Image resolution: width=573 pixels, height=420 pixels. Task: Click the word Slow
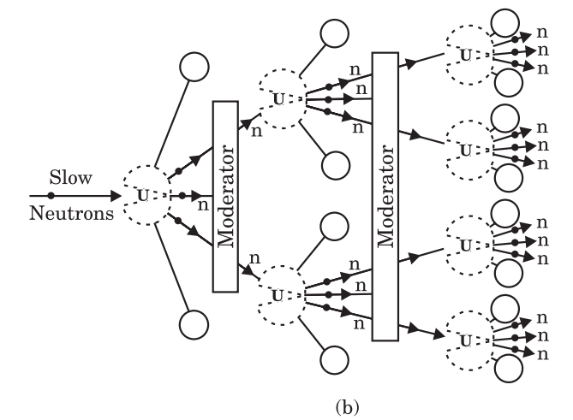coord(70,177)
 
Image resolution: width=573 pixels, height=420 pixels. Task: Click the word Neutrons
coord(72,213)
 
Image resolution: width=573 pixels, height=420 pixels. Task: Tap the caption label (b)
coord(347,406)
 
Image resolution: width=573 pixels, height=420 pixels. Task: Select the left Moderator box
coord(225,197)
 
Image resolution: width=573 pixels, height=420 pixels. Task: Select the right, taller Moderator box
coord(385,197)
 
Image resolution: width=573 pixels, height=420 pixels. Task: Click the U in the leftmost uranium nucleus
coord(143,196)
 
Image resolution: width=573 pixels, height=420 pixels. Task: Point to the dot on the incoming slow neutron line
coord(51,196)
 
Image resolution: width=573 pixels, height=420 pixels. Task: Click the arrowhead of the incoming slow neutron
coord(116,196)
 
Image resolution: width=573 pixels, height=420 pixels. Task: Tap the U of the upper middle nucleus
coord(278,99)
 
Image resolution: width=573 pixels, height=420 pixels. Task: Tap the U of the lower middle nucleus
coord(278,296)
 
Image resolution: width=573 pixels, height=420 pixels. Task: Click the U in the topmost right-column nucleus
coord(466,56)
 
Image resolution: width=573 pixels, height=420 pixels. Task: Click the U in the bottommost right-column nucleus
coord(466,341)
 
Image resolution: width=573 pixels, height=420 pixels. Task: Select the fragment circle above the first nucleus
coord(194,67)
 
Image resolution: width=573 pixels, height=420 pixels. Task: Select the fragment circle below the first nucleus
coord(194,325)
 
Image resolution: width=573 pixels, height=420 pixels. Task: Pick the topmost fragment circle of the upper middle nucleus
coord(334,33)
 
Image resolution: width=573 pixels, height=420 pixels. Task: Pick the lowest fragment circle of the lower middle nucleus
coord(334,360)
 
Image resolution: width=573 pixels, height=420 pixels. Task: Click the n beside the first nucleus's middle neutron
coord(203,205)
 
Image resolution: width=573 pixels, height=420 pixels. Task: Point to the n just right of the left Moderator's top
coord(257,132)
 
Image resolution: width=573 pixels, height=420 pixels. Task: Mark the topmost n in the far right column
coord(542,33)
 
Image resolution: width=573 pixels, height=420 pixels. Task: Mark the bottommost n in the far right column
coord(543,354)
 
